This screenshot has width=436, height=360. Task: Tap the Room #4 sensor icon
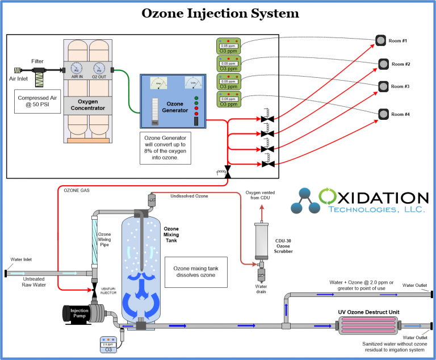tap(381, 114)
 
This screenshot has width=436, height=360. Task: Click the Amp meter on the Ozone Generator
tap(157, 83)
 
